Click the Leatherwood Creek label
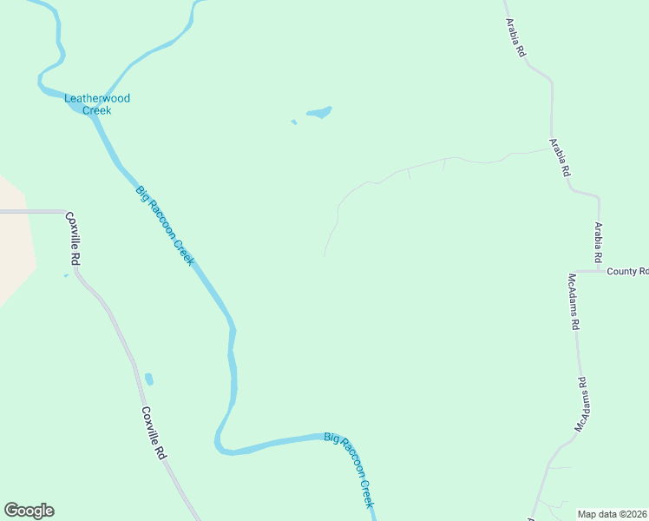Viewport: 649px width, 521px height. (97, 104)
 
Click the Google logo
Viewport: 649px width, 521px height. (29, 511)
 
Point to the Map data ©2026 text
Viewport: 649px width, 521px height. (613, 514)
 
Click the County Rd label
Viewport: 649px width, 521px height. (626, 272)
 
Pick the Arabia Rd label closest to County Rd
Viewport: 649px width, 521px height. (597, 243)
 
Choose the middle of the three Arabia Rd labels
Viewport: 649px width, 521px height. (560, 157)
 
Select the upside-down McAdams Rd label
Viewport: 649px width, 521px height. (582, 405)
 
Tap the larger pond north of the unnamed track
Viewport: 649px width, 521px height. (318, 112)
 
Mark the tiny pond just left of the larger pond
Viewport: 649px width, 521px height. (293, 122)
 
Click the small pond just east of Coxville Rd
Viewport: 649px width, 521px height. (149, 379)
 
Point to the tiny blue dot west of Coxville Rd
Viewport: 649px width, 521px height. (65, 276)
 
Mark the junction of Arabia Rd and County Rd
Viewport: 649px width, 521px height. (598, 271)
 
